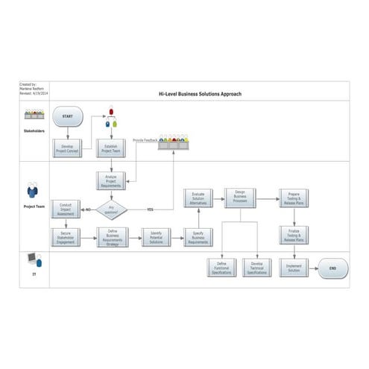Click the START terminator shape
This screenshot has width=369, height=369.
tap(68, 116)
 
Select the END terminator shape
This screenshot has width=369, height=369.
tap(332, 268)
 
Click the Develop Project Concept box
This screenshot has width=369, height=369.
tap(68, 149)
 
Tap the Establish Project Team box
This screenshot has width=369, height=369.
tap(111, 149)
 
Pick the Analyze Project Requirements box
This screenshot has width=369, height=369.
tap(111, 180)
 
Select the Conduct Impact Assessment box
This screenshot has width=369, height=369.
tap(66, 209)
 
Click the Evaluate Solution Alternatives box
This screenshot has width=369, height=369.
tap(198, 198)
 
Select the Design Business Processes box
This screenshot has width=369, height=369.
tap(240, 198)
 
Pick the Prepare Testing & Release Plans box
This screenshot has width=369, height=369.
tap(294, 198)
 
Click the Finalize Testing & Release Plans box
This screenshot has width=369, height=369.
tap(294, 235)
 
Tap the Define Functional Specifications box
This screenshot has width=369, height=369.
tap(221, 268)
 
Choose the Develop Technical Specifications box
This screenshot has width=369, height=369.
tap(257, 268)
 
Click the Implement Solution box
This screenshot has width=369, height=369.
tap(294, 268)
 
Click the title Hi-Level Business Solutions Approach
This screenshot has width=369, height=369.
tap(200, 94)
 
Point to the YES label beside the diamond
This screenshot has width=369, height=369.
tap(149, 209)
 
